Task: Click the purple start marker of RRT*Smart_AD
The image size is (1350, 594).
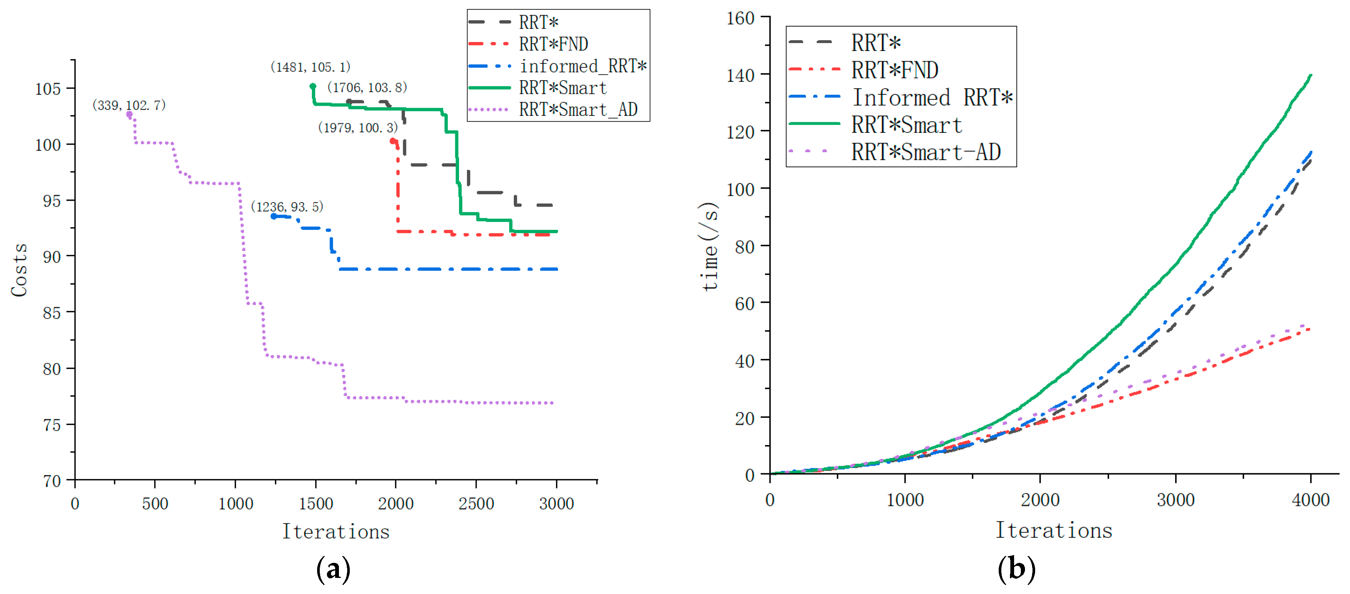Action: (129, 114)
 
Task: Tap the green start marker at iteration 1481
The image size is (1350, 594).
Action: (313, 86)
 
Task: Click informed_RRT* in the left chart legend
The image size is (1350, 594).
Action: (583, 66)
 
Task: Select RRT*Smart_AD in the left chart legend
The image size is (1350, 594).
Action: (578, 109)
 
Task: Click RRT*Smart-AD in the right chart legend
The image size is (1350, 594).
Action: (926, 152)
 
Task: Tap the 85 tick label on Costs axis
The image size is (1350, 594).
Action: (51, 313)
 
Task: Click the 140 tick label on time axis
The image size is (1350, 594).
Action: (740, 75)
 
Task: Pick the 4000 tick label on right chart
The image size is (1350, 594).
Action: (1310, 500)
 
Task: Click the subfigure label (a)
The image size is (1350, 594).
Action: (333, 569)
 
